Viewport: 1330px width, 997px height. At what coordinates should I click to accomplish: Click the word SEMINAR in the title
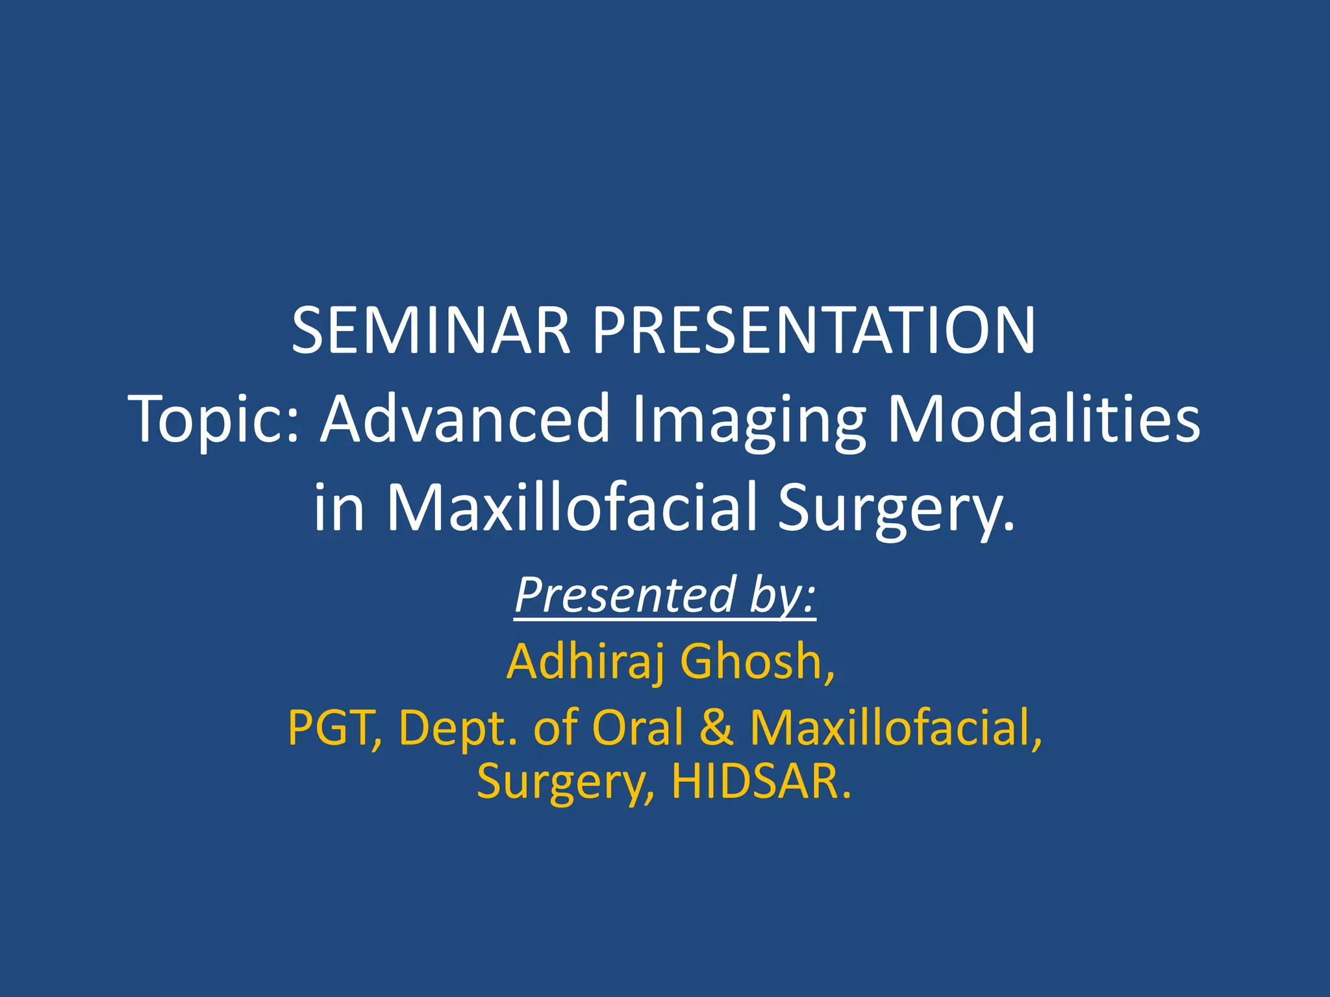(431, 331)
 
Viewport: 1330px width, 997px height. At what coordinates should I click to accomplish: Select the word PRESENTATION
(814, 331)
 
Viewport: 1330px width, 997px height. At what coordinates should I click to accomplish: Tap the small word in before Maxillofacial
(338, 508)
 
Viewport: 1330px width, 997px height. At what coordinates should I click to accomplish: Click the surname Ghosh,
(757, 661)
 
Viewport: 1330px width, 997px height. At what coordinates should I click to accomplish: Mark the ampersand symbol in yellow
(717, 728)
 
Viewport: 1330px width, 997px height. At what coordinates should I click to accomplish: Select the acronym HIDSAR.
(760, 781)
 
